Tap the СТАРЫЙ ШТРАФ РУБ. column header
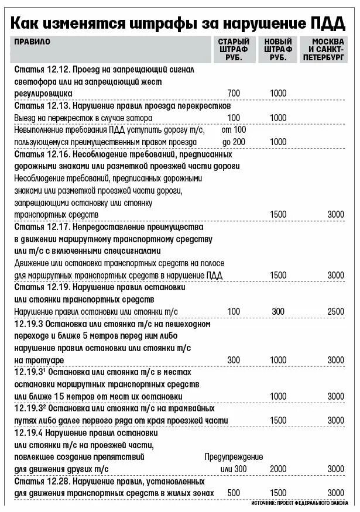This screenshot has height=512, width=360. click(234, 50)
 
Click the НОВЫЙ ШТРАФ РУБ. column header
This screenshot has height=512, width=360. click(278, 50)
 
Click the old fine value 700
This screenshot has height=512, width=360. click(234, 94)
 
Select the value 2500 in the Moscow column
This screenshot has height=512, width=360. click(336, 311)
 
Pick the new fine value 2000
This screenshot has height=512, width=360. click(278, 469)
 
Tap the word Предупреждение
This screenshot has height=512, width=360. click(234, 457)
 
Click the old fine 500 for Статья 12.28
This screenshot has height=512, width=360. click(234, 493)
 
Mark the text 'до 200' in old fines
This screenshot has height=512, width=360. click(234, 142)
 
